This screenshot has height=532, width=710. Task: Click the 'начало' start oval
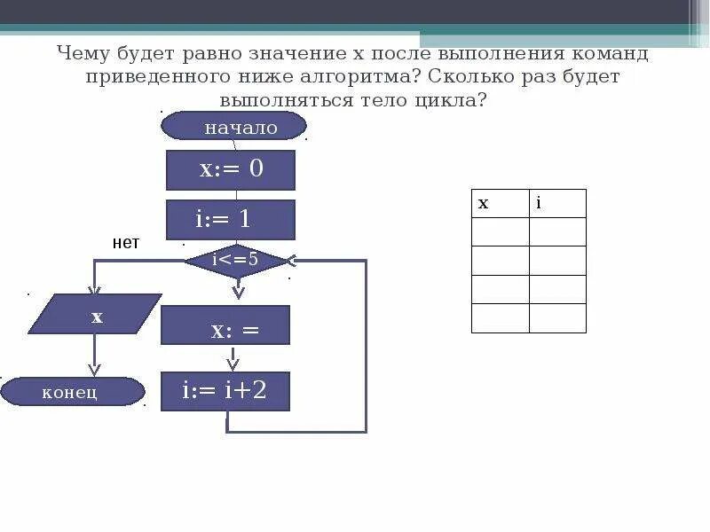click(233, 127)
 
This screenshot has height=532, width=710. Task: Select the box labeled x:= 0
click(231, 169)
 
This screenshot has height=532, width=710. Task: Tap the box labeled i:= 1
click(231, 219)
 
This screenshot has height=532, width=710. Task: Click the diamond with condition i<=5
click(236, 261)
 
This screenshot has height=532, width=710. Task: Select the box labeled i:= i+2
click(225, 391)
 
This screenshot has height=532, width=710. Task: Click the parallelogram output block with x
click(95, 314)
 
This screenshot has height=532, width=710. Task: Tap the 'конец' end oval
click(72, 391)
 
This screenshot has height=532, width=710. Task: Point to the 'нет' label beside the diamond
click(125, 242)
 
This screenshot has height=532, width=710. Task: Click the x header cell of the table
click(501, 203)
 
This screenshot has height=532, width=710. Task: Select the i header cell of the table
click(557, 203)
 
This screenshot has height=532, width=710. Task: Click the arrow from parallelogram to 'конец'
click(94, 356)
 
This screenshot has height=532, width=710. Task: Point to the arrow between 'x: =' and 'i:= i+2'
click(233, 358)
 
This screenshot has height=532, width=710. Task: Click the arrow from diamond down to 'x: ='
click(237, 289)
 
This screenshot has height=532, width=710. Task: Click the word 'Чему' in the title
click(85, 53)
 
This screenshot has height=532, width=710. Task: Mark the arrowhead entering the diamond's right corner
click(291, 261)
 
